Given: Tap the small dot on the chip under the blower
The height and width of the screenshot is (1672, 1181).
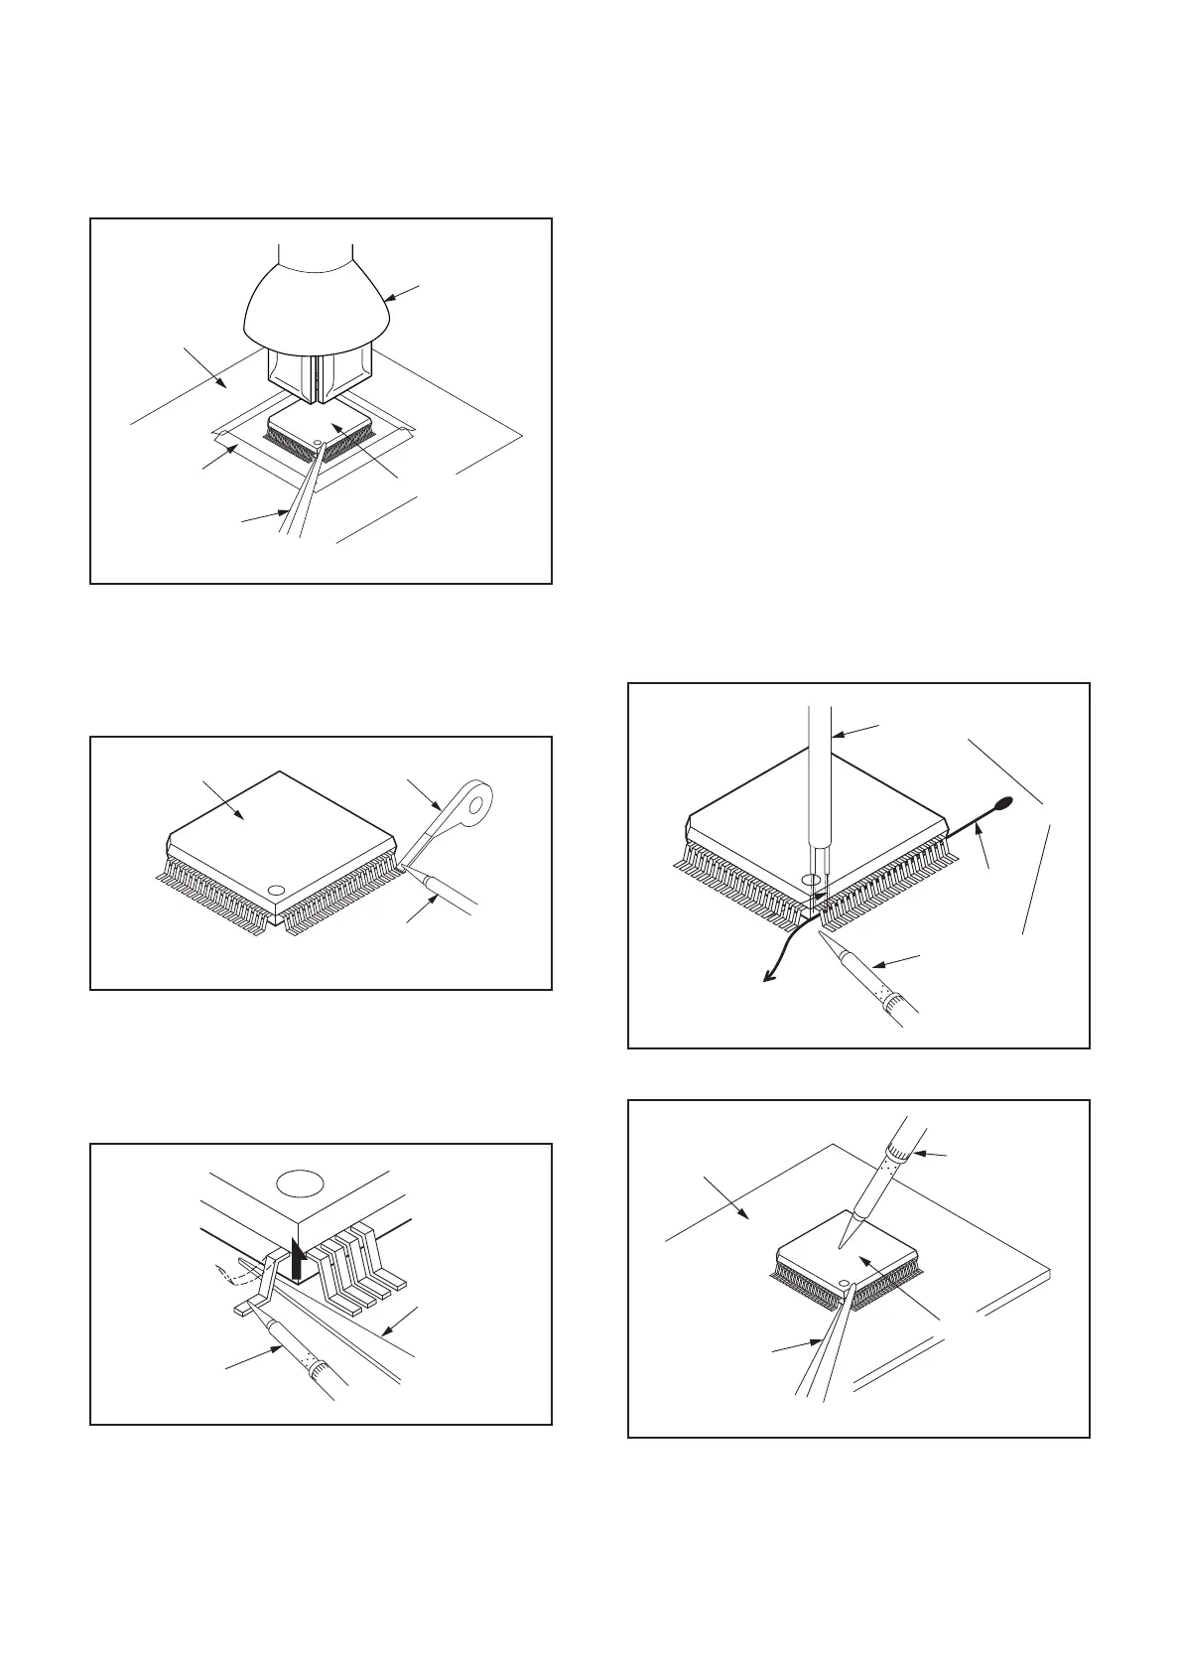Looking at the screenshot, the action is [x=317, y=444].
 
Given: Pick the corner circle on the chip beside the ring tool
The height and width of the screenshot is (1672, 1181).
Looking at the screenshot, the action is [x=277, y=891].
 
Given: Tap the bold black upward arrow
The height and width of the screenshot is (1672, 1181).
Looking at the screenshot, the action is [x=297, y=1256].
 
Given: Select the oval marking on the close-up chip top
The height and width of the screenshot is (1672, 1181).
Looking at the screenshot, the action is [x=301, y=1184].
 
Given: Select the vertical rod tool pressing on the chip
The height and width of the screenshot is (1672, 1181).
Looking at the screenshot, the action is [x=819, y=784].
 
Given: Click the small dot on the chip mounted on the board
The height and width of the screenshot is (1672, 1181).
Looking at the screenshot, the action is [x=845, y=1284].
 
